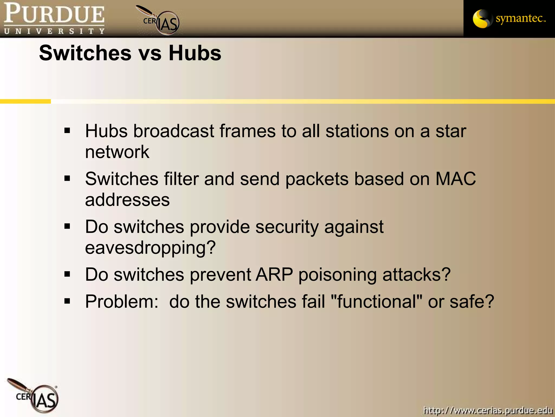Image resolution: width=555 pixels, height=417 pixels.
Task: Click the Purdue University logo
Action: coord(54,18)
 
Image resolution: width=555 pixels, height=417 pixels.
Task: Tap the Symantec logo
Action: coord(509,19)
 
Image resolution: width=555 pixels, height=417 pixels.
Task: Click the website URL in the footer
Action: coord(488,410)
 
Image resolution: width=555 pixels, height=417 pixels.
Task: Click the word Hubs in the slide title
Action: coord(195,53)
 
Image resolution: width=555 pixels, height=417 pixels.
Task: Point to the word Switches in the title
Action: coord(85,53)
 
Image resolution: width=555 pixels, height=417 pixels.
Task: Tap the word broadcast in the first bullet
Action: coord(173,131)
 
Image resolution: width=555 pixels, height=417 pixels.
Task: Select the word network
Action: coord(117,152)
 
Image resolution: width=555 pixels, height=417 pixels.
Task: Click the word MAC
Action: coord(456,179)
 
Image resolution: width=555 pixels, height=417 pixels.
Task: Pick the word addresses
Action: coord(127,200)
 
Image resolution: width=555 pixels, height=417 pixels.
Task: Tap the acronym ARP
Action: coord(274,274)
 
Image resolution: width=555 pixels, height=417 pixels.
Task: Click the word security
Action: coord(287,227)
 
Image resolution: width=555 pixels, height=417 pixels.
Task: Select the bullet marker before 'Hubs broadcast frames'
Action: coord(67,131)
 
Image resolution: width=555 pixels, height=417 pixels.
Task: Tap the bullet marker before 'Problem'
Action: coord(67,301)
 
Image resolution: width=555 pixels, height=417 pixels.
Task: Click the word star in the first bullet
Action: coord(451,131)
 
